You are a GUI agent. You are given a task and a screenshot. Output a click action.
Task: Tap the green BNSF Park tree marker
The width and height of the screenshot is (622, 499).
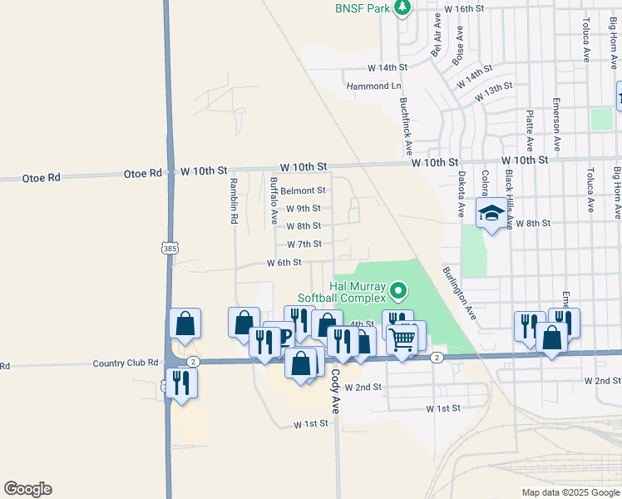click(x=402, y=8)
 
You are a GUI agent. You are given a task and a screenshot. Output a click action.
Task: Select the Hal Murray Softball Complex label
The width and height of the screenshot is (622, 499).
click(x=342, y=292)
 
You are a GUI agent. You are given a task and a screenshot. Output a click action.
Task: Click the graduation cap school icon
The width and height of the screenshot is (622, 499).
click(x=491, y=214)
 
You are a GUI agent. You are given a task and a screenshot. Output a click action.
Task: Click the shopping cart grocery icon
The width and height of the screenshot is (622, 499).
click(x=402, y=338)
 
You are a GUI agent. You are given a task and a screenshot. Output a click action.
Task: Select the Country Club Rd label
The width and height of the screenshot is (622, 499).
click(x=126, y=363)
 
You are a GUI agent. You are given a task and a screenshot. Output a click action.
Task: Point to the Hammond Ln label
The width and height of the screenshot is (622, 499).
click(x=373, y=86)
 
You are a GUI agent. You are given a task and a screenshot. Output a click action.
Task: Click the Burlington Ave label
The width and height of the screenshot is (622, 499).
click(x=459, y=294)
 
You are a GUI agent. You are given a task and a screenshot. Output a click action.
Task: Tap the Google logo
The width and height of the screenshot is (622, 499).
click(x=27, y=489)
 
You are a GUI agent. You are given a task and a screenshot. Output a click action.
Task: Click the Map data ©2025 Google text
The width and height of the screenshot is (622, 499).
click(x=570, y=492)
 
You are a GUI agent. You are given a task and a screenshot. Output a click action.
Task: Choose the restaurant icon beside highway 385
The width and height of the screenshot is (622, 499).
click(x=181, y=382)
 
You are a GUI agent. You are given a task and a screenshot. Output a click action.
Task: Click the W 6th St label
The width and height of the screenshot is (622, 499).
click(x=284, y=263)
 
